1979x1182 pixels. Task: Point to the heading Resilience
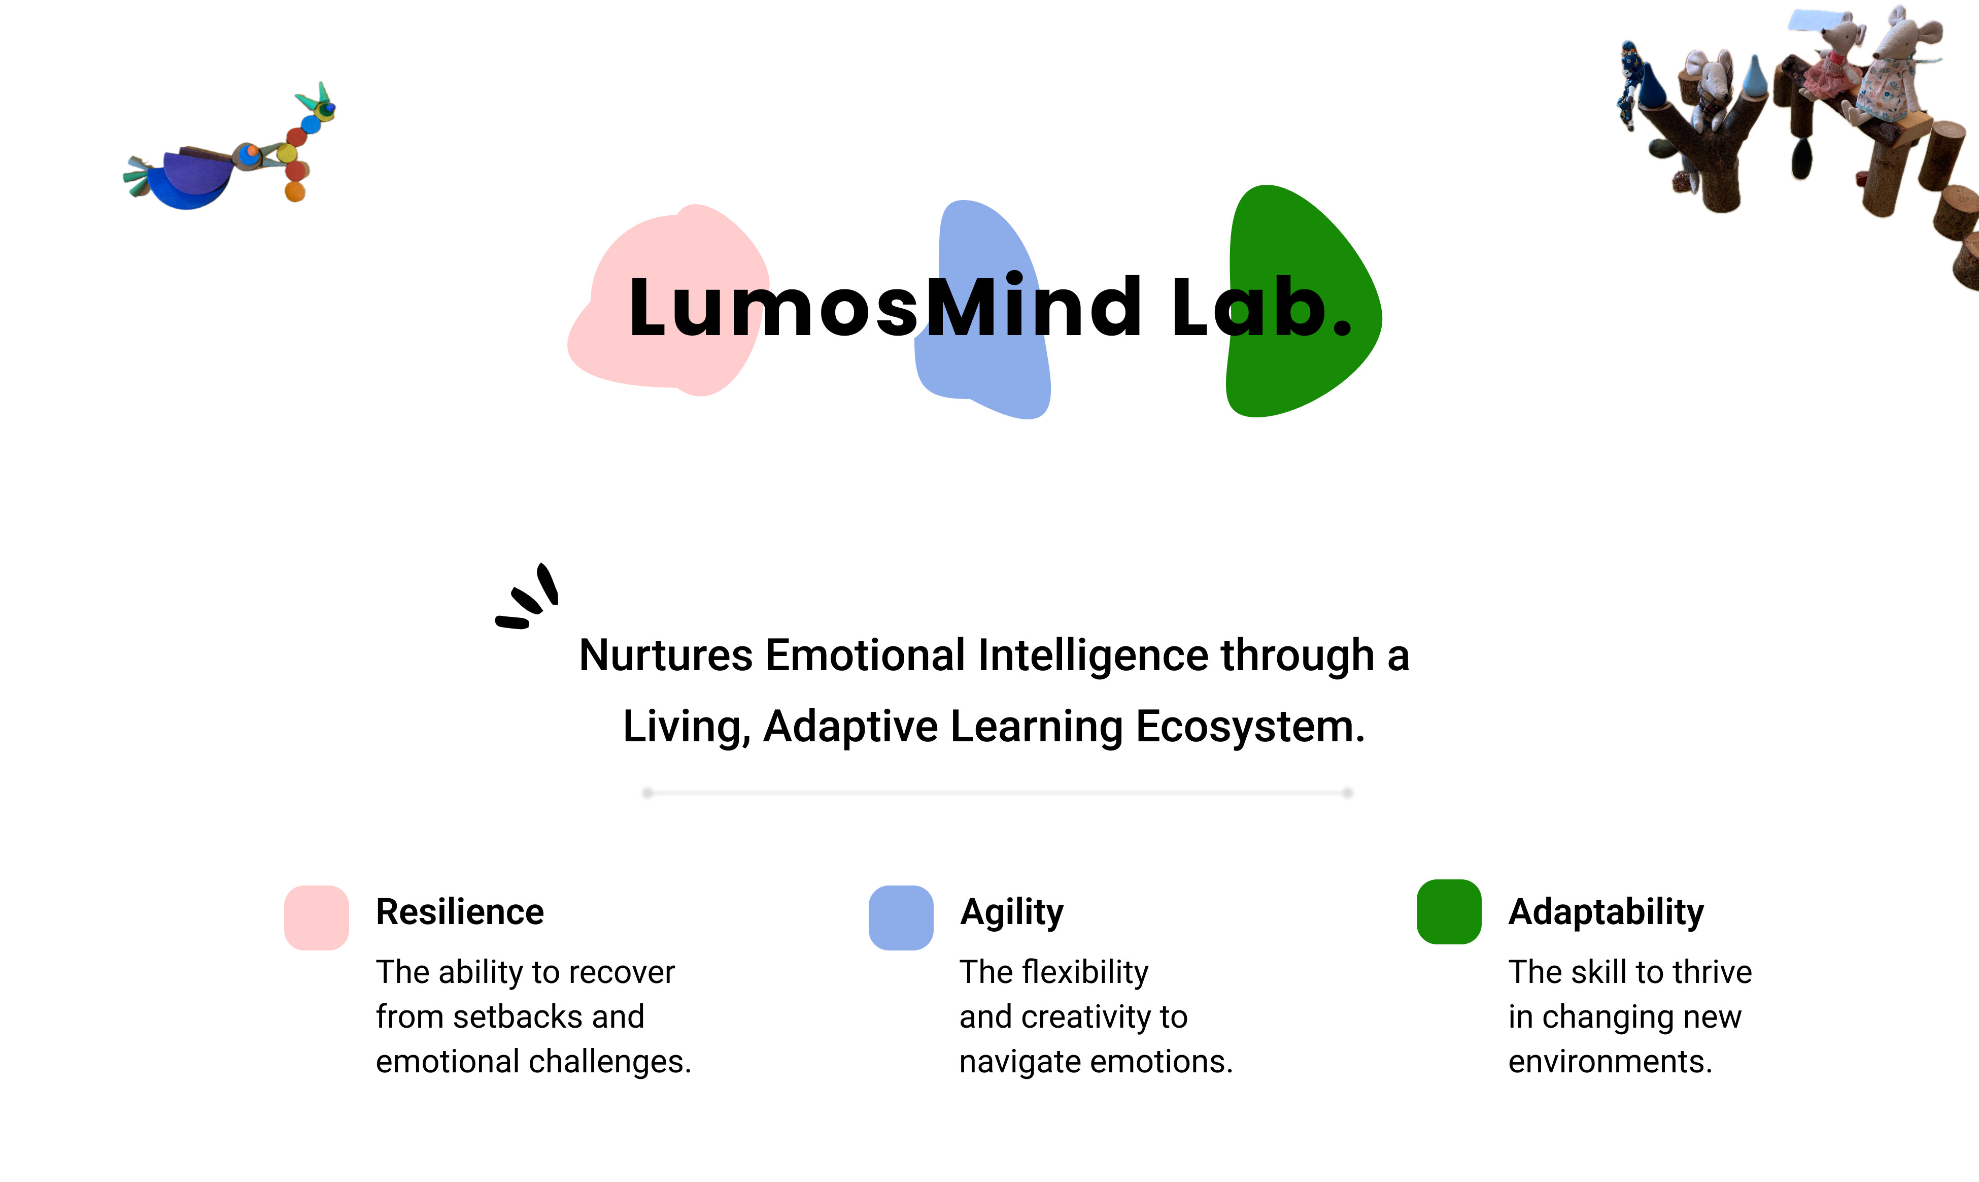[x=459, y=912]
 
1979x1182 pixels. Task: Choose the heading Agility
[x=1011, y=912]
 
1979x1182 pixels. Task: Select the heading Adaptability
[x=1606, y=912]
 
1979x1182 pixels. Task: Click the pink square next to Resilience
[x=316, y=917]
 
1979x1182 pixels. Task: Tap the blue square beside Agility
[x=900, y=917]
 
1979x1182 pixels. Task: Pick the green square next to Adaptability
[x=1448, y=912]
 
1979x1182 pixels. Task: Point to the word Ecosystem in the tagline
[x=1250, y=727]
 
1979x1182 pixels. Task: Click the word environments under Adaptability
[x=1610, y=1062]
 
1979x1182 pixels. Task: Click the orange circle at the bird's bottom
[x=294, y=191]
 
